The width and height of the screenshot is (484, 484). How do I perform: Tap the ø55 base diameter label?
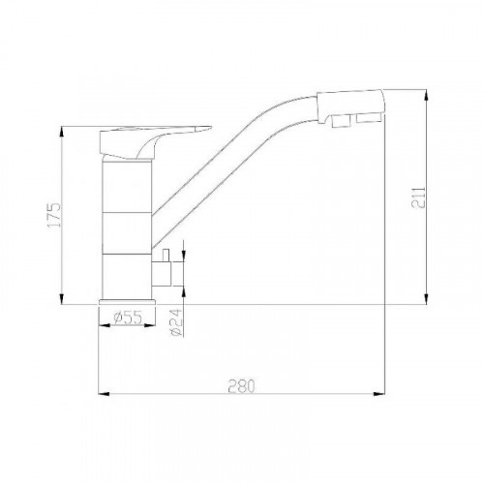(127, 318)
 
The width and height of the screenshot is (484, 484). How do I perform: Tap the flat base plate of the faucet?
(127, 303)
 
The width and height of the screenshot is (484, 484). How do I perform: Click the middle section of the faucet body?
(127, 232)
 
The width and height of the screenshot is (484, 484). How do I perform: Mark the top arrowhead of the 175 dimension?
(62, 133)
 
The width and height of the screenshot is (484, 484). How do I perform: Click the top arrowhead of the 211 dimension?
(427, 95)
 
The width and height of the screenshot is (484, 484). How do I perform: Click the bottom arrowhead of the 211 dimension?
(427, 297)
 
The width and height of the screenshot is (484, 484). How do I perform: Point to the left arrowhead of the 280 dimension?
(107, 394)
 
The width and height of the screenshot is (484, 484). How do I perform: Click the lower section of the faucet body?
(127, 276)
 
